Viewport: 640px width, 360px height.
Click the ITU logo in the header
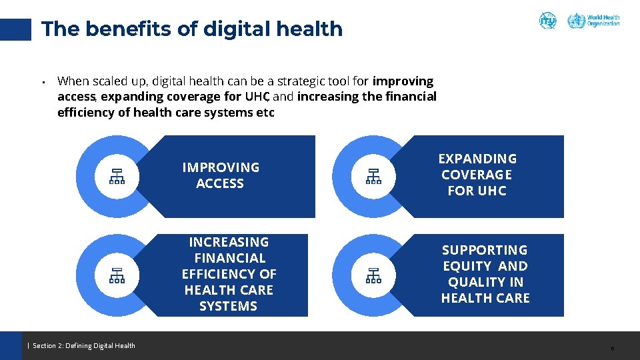click(547, 21)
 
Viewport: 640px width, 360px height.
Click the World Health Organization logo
click(593, 21)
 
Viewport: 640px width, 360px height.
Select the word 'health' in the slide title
click(313, 29)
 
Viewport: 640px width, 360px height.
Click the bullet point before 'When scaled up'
click(43, 83)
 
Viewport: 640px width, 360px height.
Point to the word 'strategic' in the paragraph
click(299, 81)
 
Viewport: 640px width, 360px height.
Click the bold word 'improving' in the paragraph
click(403, 81)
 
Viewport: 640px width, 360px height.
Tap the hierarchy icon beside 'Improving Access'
click(117, 176)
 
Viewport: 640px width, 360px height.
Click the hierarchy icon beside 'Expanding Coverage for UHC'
click(373, 176)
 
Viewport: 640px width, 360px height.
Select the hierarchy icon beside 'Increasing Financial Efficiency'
click(117, 275)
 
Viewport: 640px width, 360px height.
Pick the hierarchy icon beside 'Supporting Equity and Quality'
click(373, 275)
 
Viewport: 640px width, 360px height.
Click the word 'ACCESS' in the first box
click(220, 183)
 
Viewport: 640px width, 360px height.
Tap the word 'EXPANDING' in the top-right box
click(477, 159)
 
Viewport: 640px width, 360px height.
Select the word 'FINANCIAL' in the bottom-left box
click(229, 258)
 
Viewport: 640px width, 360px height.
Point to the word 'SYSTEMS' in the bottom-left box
click(228, 306)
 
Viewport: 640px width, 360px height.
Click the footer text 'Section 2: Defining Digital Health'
click(84, 345)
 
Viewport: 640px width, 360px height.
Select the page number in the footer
click(612, 349)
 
